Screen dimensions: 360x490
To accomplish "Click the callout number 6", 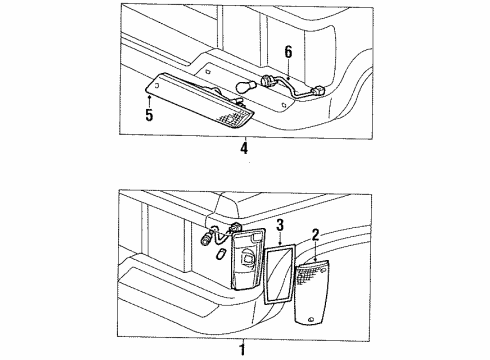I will click(x=289, y=52).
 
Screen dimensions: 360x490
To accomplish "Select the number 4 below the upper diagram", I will click(x=242, y=149).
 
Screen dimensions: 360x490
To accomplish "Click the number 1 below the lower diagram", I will click(x=241, y=350).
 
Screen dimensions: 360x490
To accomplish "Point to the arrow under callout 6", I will click(x=288, y=70).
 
